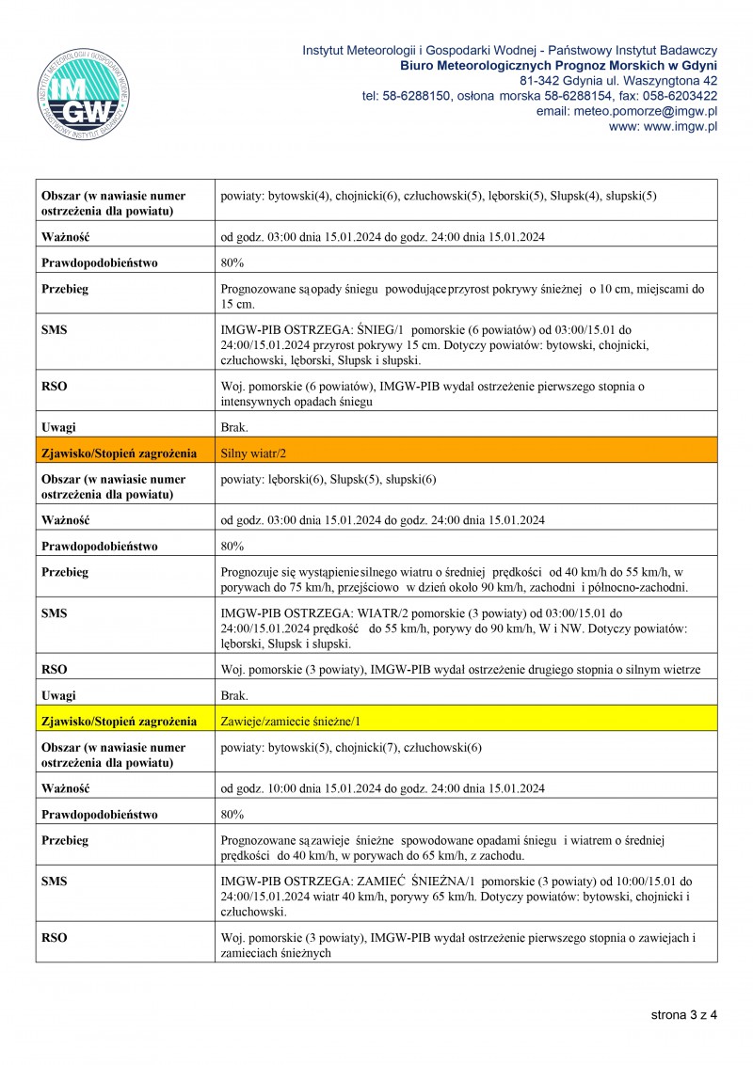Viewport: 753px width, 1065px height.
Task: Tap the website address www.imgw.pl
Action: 663,126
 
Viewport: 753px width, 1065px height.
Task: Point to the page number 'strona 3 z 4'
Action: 683,1015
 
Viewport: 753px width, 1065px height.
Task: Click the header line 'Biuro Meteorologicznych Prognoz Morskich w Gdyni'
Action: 558,65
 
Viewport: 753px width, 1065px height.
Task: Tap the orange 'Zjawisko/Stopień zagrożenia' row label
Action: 119,453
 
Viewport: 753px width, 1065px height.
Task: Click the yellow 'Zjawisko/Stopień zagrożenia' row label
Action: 119,721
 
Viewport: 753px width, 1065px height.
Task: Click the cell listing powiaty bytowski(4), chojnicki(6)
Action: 438,196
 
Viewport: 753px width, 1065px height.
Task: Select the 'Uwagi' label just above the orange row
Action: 58,427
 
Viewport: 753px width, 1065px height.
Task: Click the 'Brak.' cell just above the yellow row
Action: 234,695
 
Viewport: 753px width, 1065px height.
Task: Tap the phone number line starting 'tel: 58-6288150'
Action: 539,96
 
